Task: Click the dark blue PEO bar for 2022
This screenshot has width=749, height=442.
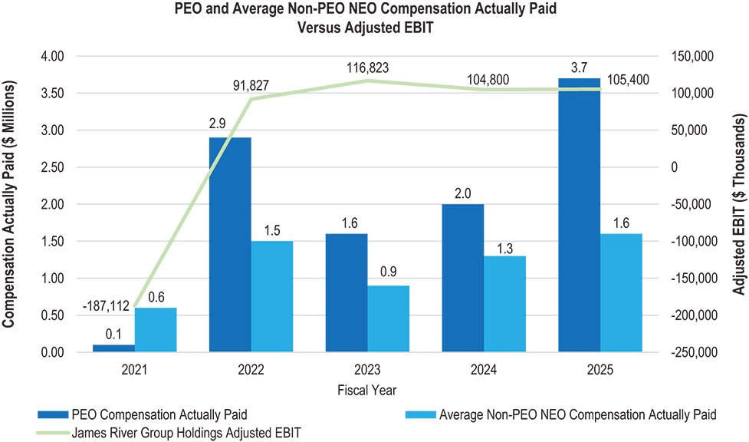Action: pos(230,245)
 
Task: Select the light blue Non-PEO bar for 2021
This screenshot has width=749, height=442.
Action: pos(156,330)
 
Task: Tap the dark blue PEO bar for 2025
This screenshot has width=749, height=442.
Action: pos(580,216)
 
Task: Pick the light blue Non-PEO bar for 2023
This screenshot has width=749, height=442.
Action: pos(389,319)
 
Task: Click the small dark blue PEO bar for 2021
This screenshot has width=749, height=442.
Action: pos(113,348)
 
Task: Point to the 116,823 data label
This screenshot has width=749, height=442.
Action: pos(368,68)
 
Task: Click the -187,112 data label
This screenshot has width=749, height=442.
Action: pos(106,306)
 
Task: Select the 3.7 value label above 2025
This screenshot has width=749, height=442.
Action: pos(579,68)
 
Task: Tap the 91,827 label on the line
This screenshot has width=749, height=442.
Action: pos(251,86)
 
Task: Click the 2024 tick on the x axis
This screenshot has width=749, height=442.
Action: pos(484,370)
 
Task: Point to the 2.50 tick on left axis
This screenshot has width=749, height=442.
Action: pos(53,167)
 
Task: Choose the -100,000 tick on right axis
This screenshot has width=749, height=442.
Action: pos(694,241)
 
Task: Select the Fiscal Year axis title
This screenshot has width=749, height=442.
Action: pos(367,391)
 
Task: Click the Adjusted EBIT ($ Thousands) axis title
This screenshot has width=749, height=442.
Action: pos(739,204)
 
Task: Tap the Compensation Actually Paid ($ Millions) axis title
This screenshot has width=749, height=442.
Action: pos(8,204)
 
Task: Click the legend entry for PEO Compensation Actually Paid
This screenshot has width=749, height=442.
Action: pos(143,414)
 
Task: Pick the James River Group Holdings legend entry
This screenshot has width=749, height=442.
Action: pos(169,433)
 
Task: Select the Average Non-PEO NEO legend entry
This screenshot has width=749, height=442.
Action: pos(561,414)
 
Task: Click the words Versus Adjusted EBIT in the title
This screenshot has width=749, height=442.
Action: pos(366,28)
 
